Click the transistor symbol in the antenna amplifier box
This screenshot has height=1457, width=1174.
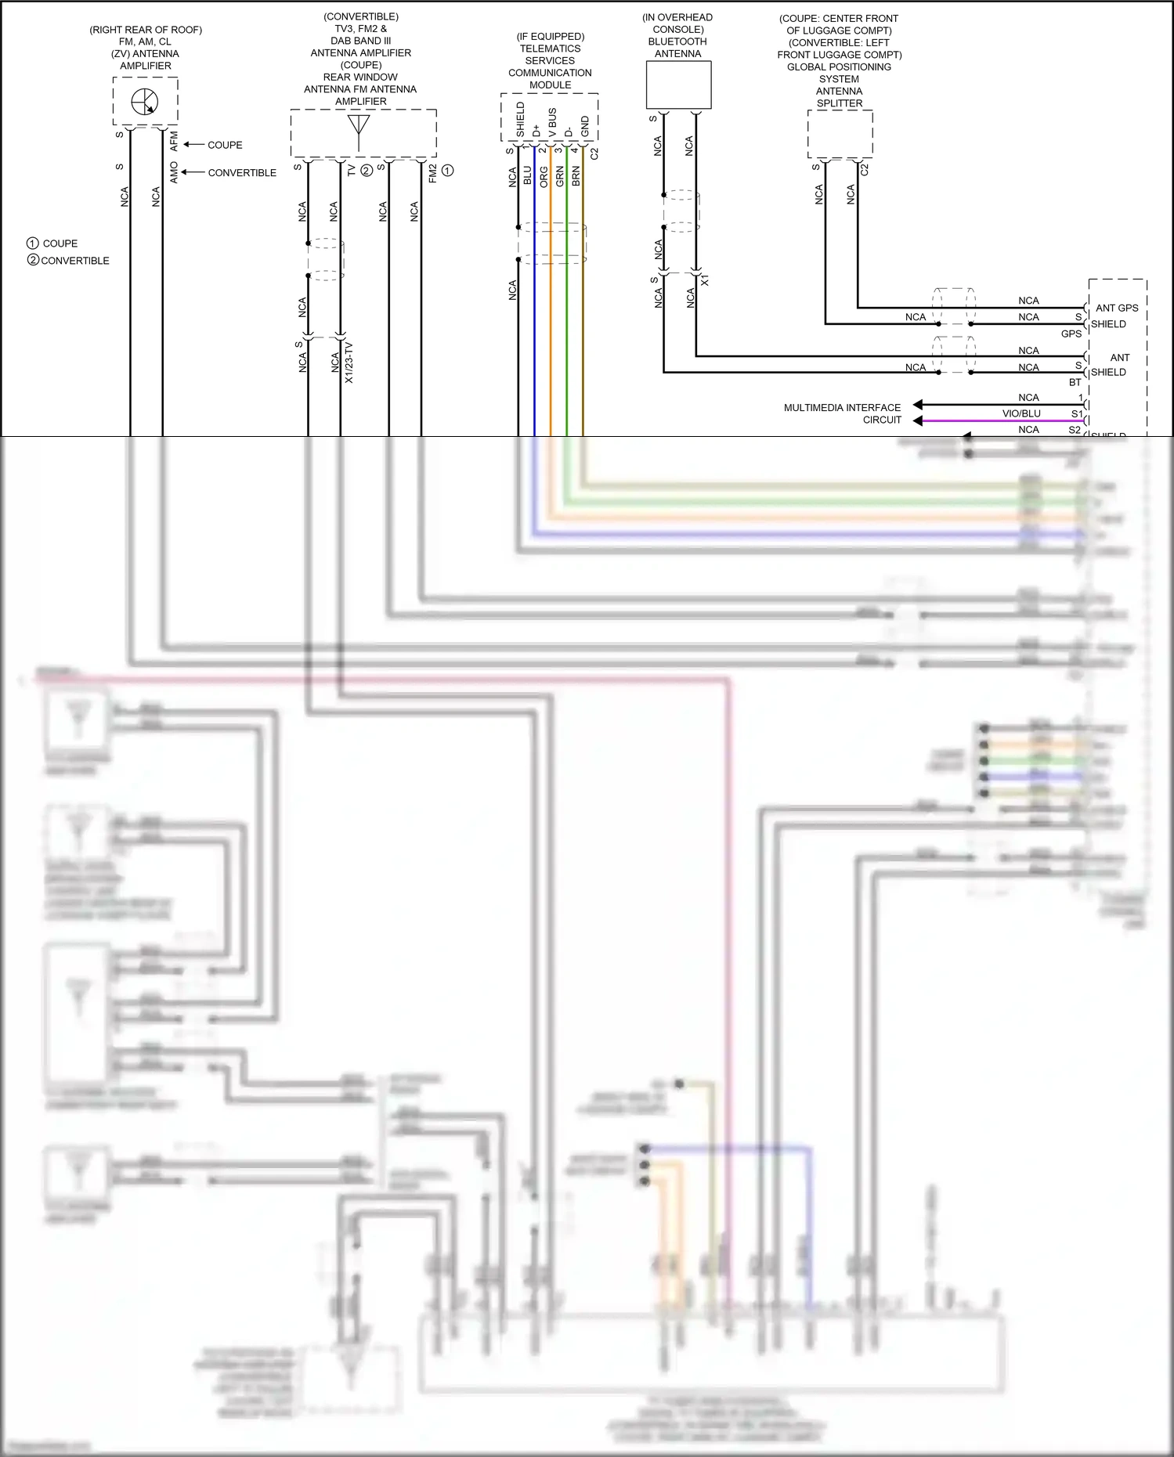(145, 102)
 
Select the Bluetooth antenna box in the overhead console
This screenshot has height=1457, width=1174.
(678, 85)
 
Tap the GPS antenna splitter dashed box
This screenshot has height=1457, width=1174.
(840, 134)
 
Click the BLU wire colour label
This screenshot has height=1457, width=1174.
(528, 175)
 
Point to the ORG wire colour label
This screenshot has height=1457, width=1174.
(544, 176)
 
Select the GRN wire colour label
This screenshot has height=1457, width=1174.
(560, 175)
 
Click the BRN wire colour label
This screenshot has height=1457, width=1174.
(576, 175)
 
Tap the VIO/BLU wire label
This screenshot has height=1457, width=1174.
(1021, 413)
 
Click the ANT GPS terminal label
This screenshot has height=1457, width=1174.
(1116, 308)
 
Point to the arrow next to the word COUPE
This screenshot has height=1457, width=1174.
(193, 145)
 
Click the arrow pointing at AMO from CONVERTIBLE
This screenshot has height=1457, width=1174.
(193, 172)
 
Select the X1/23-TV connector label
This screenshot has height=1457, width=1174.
(349, 362)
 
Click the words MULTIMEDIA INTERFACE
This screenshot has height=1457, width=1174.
(842, 407)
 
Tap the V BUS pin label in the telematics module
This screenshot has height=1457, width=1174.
(553, 123)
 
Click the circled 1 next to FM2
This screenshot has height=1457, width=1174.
(447, 171)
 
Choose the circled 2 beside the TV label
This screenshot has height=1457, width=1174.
(366, 171)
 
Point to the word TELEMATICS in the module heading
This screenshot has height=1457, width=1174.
(550, 49)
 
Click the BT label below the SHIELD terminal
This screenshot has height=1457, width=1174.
(1075, 382)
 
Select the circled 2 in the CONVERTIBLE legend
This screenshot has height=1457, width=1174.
(33, 260)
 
